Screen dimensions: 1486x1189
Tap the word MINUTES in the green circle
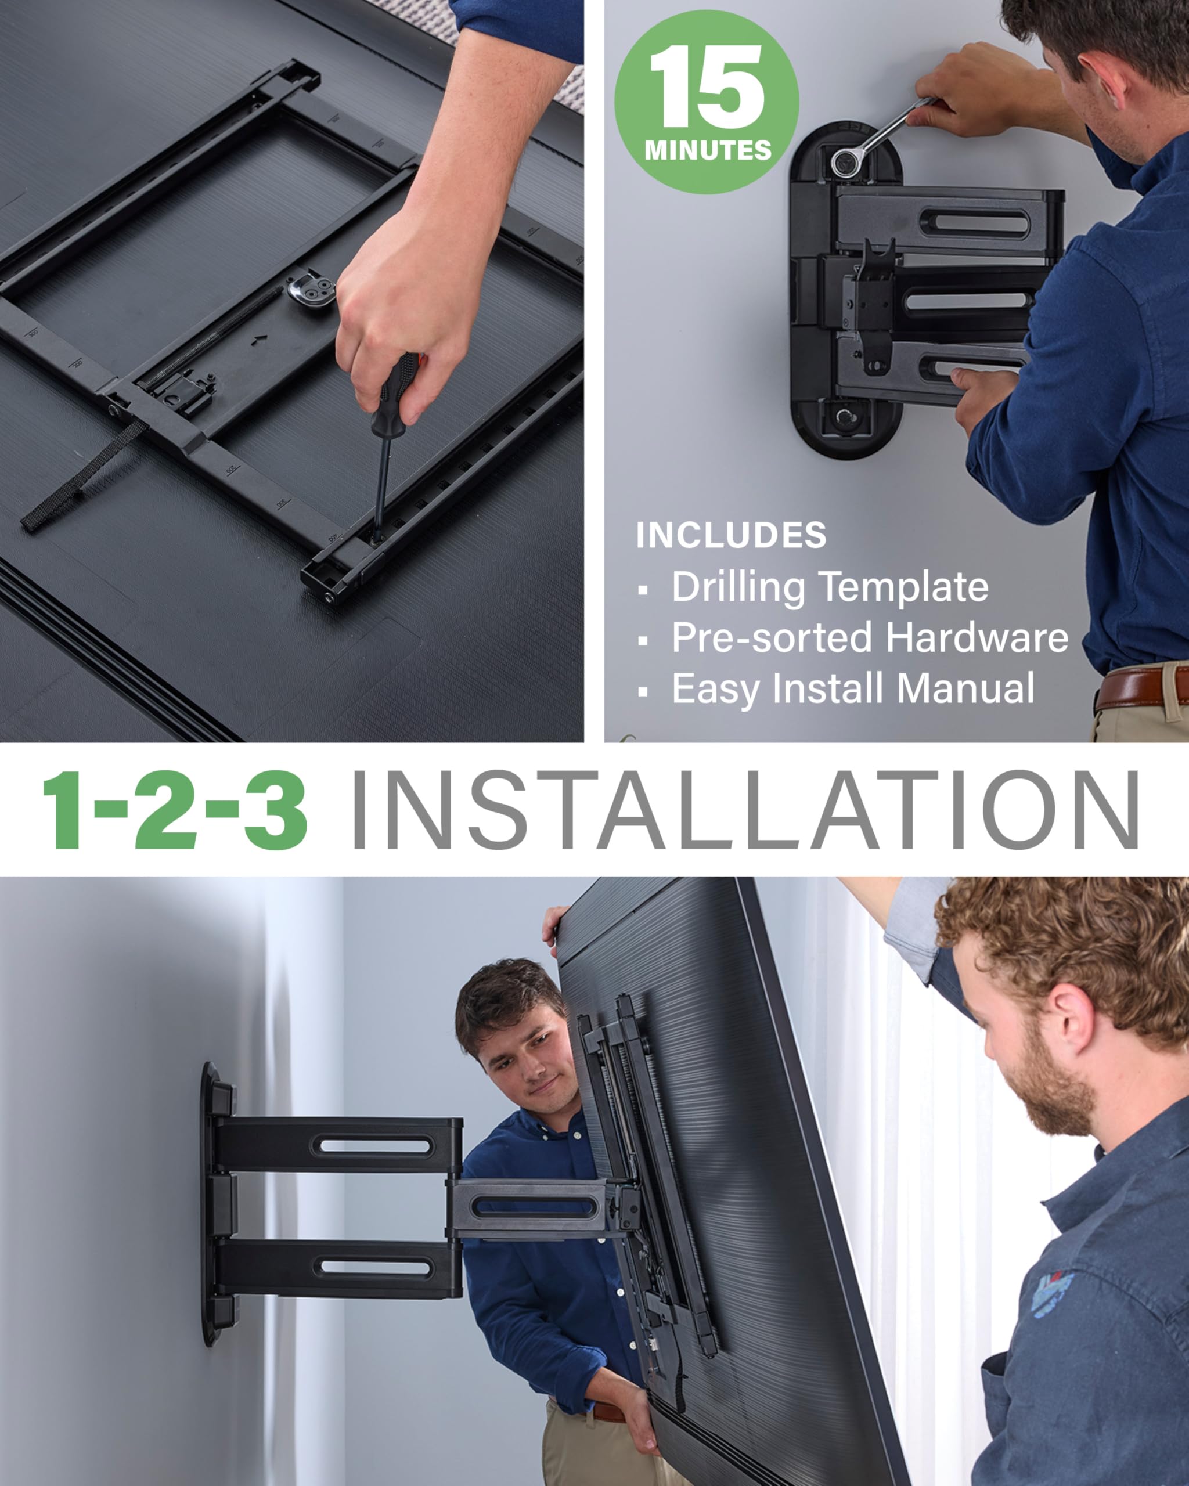(707, 150)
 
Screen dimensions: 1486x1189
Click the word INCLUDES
(730, 536)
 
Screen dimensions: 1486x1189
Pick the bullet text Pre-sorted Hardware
(869, 637)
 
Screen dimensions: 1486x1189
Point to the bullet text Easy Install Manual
(853, 688)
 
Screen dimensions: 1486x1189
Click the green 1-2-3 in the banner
(174, 810)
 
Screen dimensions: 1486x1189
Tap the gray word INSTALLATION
(744, 810)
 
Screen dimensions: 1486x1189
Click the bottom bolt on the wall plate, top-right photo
(844, 416)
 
